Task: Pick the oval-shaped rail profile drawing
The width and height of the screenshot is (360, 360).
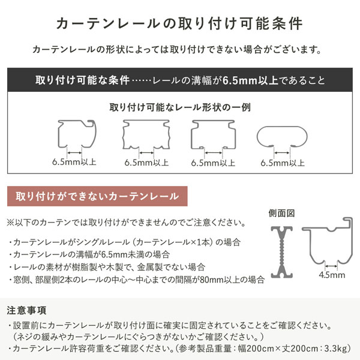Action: (283, 137)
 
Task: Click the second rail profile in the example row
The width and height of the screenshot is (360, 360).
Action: (146, 134)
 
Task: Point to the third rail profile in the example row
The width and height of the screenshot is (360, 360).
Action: (214, 134)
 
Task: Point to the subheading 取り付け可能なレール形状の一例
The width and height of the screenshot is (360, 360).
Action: (180, 108)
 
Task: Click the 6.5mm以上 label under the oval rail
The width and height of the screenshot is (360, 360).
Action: (283, 163)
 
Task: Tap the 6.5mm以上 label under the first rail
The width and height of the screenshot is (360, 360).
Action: (74, 163)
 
